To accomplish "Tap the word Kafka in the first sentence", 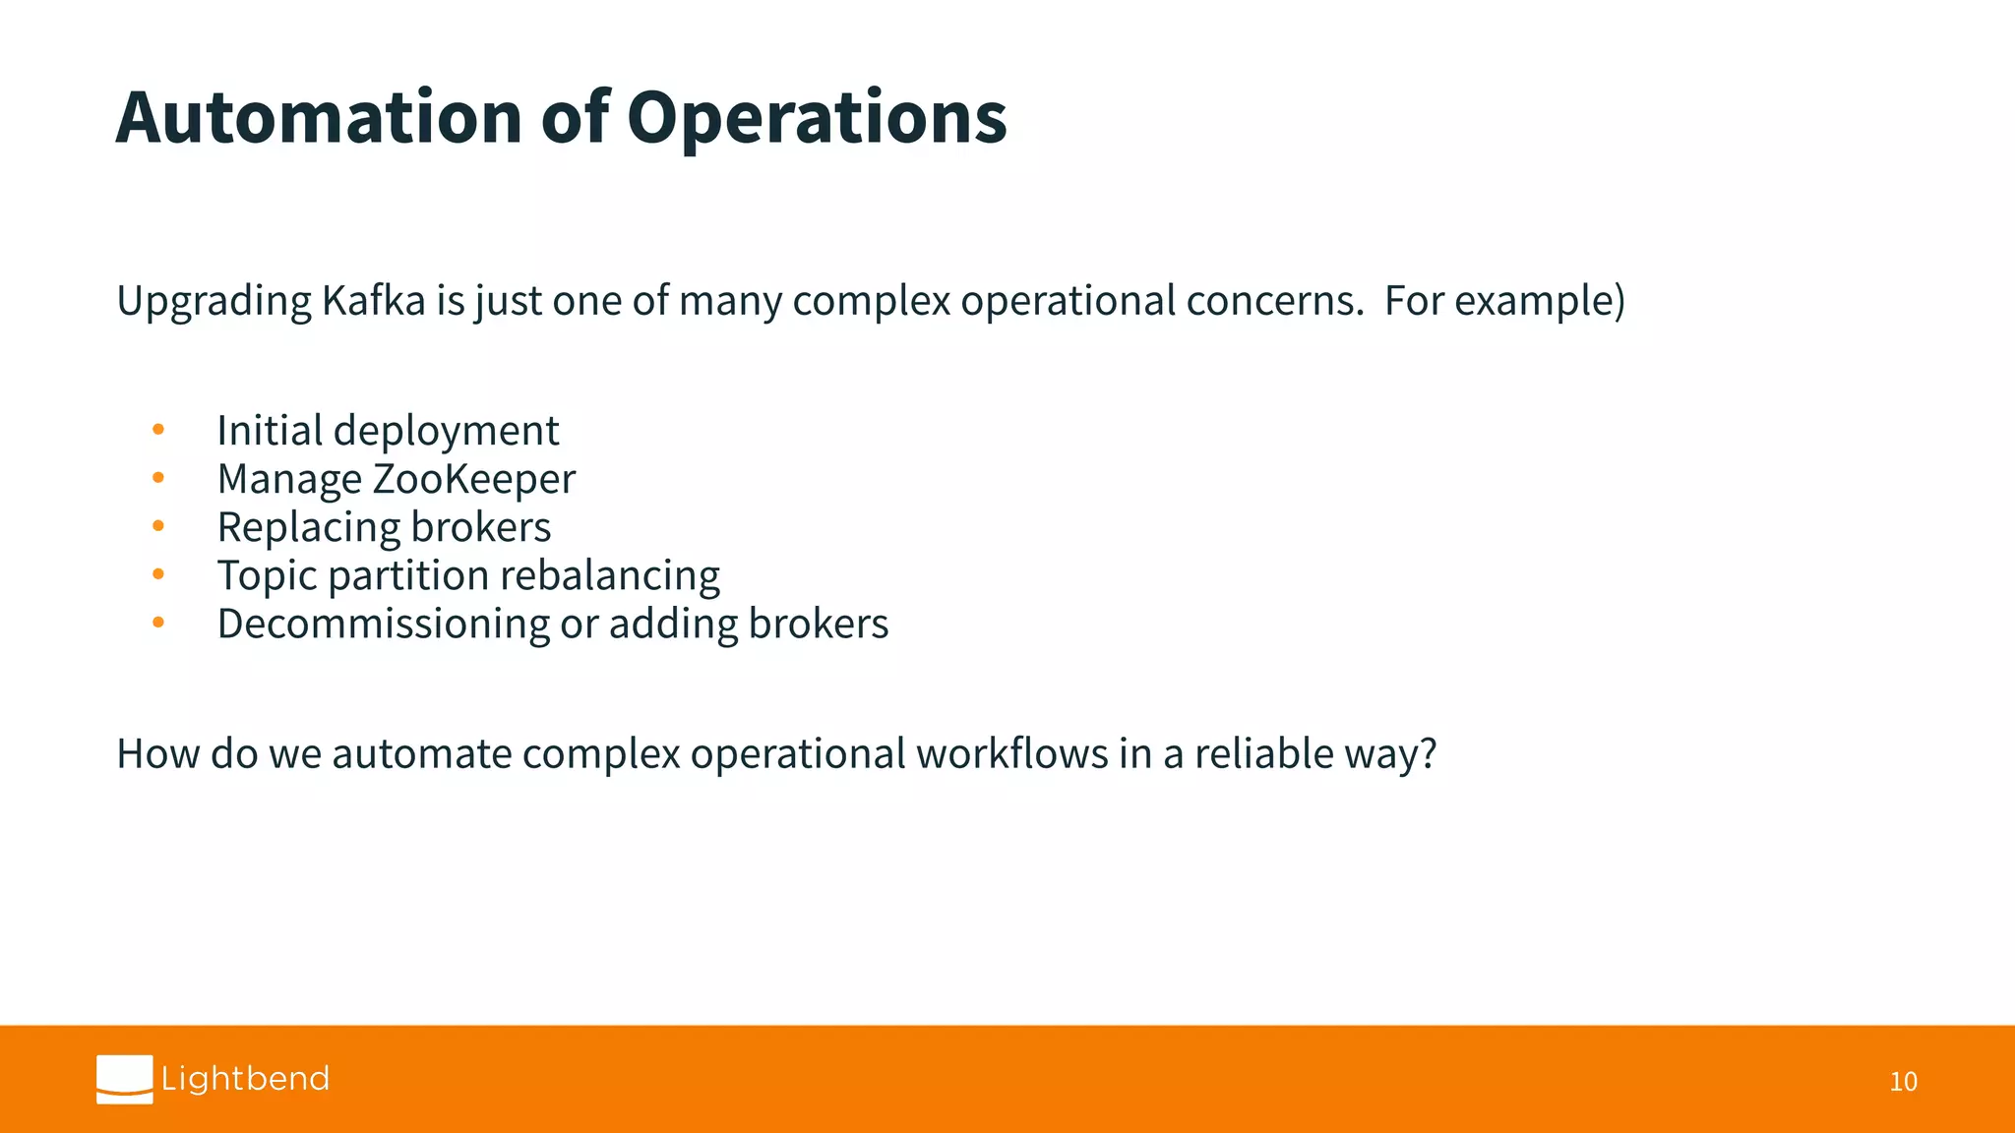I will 374,300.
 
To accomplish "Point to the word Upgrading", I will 214,301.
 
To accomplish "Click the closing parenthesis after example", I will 1619,300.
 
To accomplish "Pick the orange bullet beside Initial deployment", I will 158,430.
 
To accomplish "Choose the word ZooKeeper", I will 473,479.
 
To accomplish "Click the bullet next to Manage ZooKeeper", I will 158,478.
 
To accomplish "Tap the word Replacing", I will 308,528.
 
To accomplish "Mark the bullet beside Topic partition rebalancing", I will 158,574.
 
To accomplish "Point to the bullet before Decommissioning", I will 158,623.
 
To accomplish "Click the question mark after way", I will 1428,753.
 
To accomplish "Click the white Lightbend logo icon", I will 125,1079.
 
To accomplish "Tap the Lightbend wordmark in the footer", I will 245,1079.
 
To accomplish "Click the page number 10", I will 1903,1082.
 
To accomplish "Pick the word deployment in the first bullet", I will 446,432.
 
